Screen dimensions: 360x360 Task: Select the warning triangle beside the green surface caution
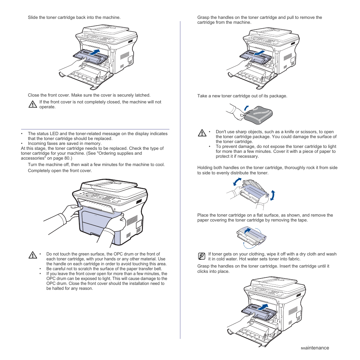click(x=32, y=255)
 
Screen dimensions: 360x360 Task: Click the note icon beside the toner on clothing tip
click(x=202, y=256)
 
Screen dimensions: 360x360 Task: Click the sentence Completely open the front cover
click(x=60, y=171)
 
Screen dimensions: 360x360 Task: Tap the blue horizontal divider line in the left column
click(x=95, y=129)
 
